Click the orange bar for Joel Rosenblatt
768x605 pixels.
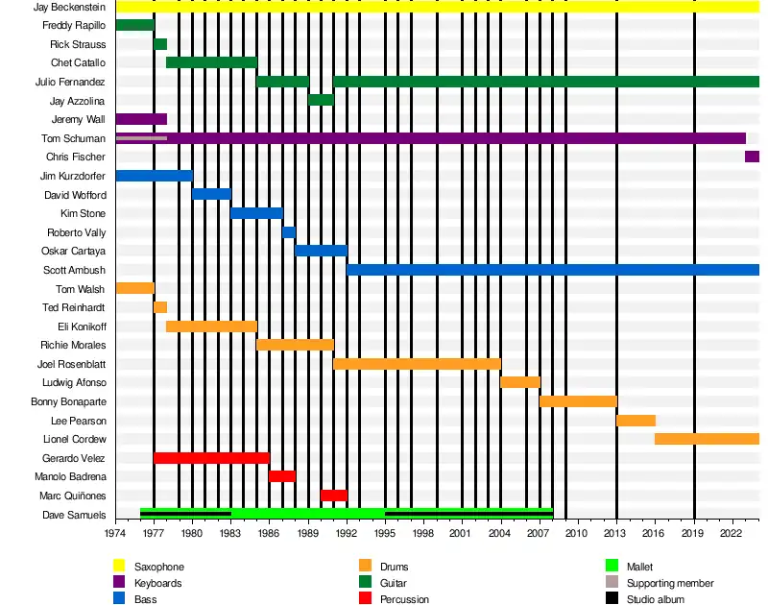[417, 364]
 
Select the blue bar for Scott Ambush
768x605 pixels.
[553, 270]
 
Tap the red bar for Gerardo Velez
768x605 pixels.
[211, 458]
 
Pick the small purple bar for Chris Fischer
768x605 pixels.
[752, 157]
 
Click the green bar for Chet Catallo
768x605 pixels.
[211, 62]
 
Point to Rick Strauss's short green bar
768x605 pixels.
[160, 44]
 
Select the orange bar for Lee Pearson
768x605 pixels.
[636, 421]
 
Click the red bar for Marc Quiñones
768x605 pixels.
[333, 496]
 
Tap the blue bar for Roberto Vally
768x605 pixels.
[289, 232]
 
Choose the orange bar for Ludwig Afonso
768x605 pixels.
[520, 382]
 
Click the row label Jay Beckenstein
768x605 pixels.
[69, 7]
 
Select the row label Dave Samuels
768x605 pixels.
[74, 516]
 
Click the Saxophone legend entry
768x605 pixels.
[159, 568]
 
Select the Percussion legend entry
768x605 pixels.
[404, 599]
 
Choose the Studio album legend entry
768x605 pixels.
[656, 599]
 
